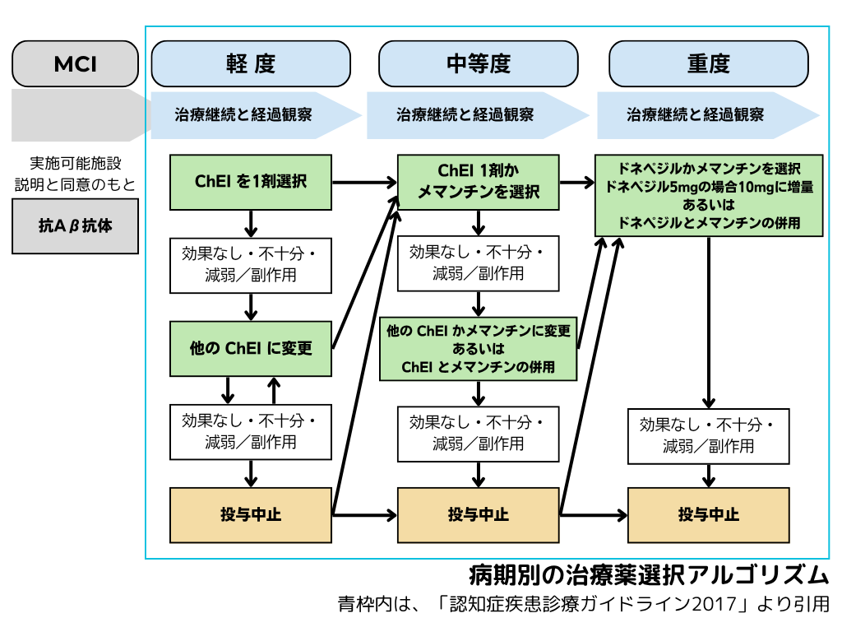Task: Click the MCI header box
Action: click(75, 63)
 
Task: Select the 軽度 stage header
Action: click(251, 63)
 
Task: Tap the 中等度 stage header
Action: click(479, 63)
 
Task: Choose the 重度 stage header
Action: click(708, 63)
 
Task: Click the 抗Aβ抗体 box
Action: click(75, 225)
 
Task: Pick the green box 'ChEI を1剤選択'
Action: click(250, 181)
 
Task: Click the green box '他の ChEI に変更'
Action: click(251, 347)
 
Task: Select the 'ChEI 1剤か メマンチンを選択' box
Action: click(479, 182)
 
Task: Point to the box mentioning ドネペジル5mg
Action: click(709, 194)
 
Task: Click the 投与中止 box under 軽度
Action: click(251, 514)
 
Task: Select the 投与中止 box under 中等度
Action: click(479, 514)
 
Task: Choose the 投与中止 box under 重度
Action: click(708, 514)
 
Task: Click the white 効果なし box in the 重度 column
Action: click(708, 435)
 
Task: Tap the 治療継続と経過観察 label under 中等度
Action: click(465, 114)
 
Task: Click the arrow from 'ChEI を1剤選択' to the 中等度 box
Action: click(364, 182)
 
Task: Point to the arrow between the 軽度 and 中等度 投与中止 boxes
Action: click(364, 515)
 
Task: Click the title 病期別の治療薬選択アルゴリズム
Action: click(648, 574)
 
